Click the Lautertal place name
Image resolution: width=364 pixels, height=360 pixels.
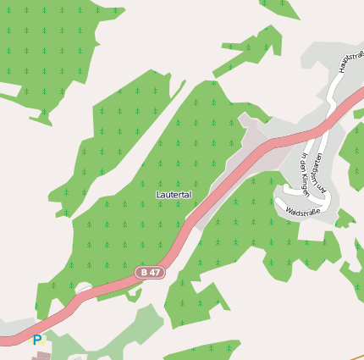[x=174, y=195]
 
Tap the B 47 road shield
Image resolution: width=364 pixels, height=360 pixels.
[x=150, y=272]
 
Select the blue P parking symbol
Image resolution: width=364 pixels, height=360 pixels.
[x=36, y=341]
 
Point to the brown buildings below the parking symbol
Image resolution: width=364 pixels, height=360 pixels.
[x=41, y=356]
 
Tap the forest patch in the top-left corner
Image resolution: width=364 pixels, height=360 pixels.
[x=51, y=42]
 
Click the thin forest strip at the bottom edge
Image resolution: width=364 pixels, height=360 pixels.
[x=203, y=349]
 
